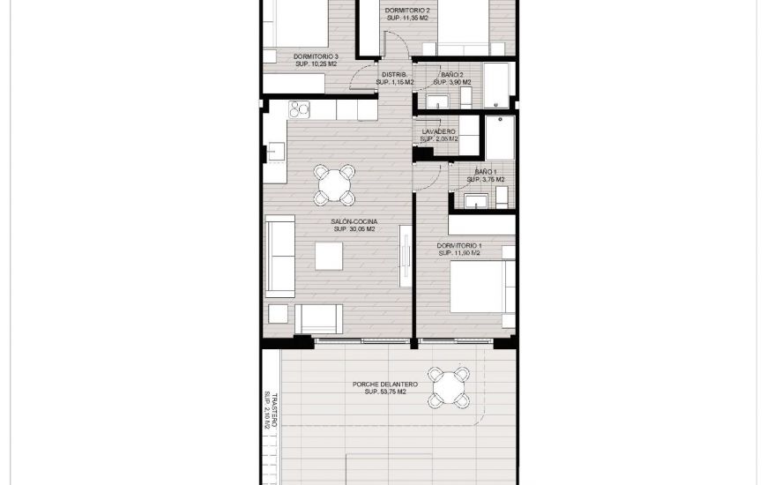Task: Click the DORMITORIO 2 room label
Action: (x=407, y=11)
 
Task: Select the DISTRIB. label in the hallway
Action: (x=394, y=75)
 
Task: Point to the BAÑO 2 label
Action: (x=450, y=75)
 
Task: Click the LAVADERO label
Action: (x=438, y=131)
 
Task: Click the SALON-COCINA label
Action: (x=353, y=221)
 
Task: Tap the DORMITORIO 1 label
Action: (x=458, y=245)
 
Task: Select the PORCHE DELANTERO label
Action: (x=384, y=384)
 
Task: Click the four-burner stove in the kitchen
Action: (x=300, y=110)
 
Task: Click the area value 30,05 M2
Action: (x=353, y=229)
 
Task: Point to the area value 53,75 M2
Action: (x=384, y=392)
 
